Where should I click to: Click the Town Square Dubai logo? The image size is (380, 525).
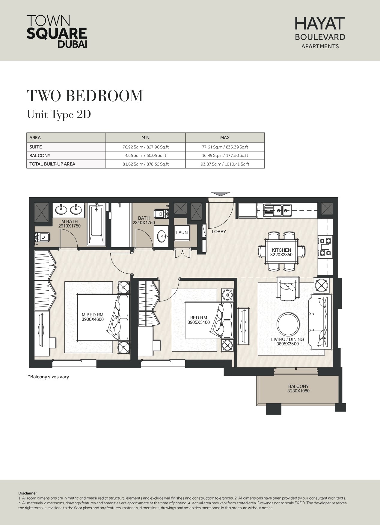(x=57, y=31)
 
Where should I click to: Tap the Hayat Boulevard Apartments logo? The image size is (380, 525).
(x=320, y=33)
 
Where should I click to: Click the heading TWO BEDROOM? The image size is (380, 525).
(x=85, y=96)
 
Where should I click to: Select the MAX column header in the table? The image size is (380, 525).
(x=225, y=138)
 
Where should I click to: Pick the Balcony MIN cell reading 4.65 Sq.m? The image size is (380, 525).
(x=145, y=155)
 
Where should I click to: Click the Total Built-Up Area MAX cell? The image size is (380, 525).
(x=225, y=164)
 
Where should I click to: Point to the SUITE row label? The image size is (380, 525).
(x=36, y=147)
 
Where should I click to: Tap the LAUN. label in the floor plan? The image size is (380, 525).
(x=182, y=232)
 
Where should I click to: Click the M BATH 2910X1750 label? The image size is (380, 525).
(x=70, y=224)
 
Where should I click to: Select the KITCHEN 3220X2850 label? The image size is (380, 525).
(x=281, y=252)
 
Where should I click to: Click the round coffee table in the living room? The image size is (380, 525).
(x=288, y=324)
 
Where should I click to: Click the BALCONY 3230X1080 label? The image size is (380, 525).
(x=298, y=389)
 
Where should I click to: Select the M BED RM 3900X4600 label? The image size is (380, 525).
(x=93, y=317)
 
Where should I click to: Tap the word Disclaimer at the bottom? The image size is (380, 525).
(x=28, y=493)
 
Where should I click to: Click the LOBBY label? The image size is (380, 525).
(x=219, y=231)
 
